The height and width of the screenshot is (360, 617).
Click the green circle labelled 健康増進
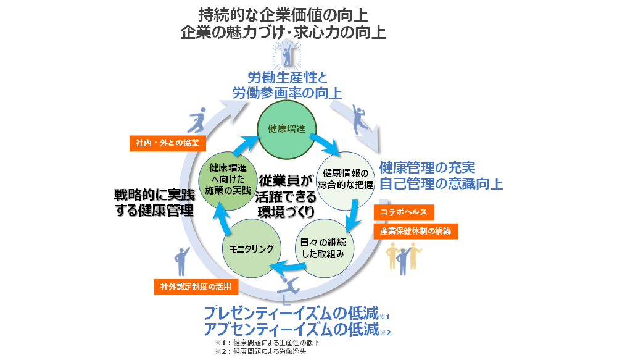(x=283, y=129)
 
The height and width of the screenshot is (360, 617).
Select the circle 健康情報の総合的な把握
(x=346, y=178)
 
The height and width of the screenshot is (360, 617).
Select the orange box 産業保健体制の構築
(x=415, y=231)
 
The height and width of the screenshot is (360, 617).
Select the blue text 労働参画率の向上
(x=287, y=93)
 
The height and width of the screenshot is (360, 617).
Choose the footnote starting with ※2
(x=260, y=351)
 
